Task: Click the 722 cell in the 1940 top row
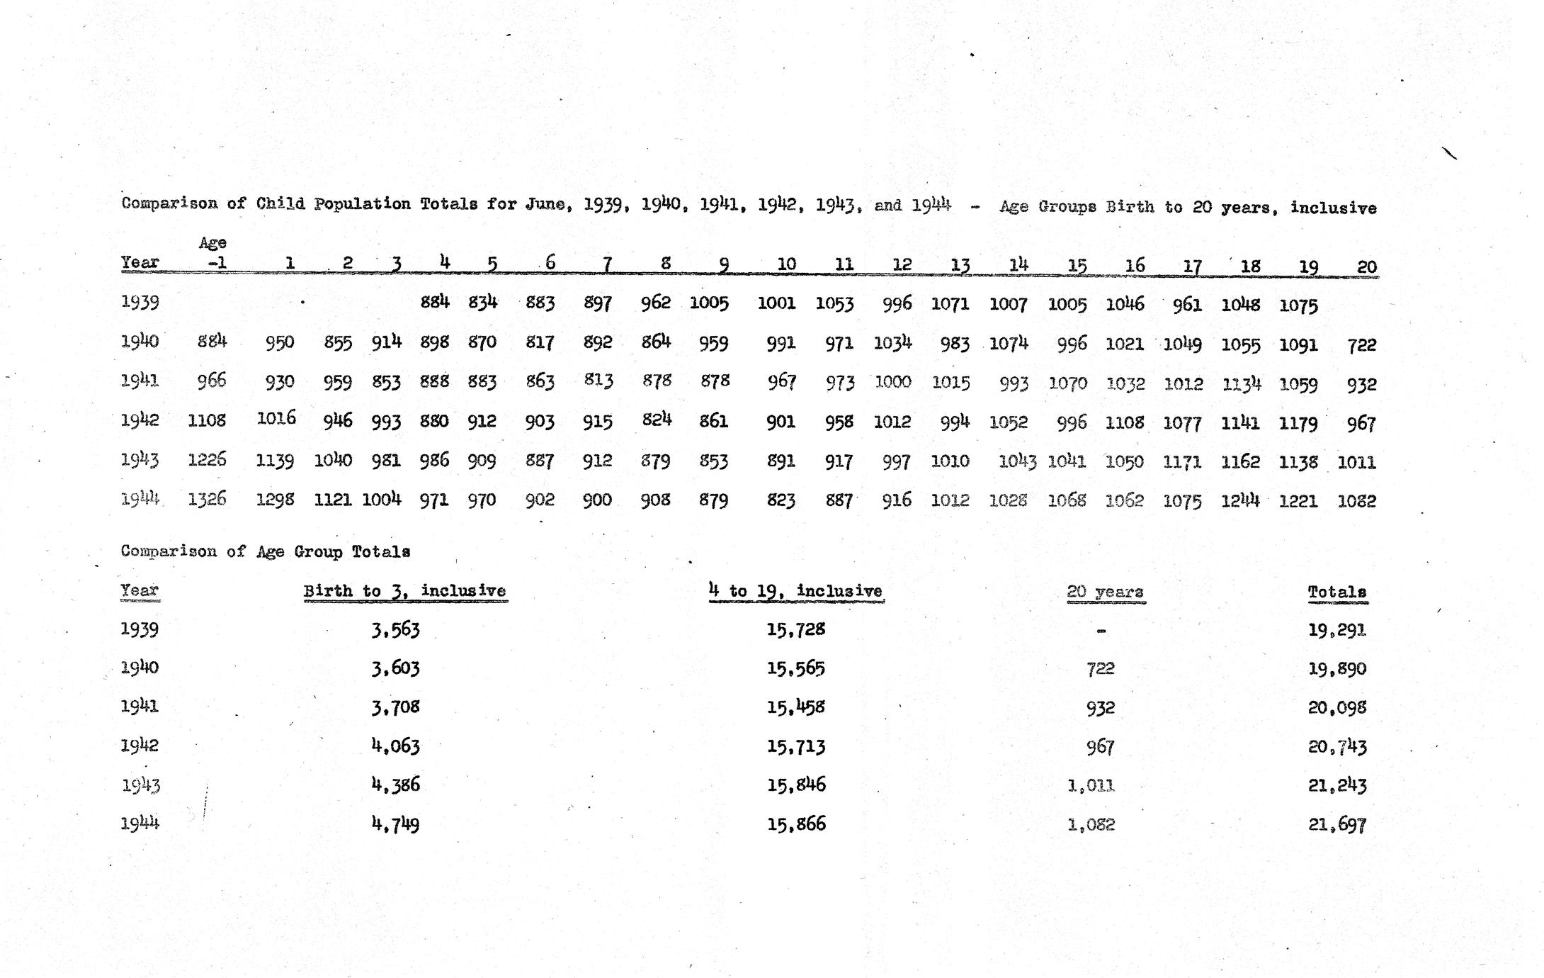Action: (1361, 345)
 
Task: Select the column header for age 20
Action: (1366, 267)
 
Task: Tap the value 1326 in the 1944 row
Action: (207, 499)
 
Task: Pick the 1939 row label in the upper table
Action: (140, 302)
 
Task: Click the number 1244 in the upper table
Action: (1240, 500)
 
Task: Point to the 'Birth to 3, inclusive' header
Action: (404, 591)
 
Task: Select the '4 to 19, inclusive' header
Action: (795, 591)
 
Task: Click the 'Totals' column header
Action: (1336, 592)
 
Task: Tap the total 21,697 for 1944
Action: (1336, 824)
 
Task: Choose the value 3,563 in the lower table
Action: (395, 629)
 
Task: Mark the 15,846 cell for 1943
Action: (796, 785)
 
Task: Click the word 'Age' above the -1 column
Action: (212, 243)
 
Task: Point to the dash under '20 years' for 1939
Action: (1101, 631)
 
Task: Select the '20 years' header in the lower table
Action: (1105, 592)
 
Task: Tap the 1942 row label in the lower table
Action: (140, 746)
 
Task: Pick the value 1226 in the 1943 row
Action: (207, 460)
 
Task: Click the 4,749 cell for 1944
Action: (395, 824)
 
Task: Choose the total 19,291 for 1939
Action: (1336, 630)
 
